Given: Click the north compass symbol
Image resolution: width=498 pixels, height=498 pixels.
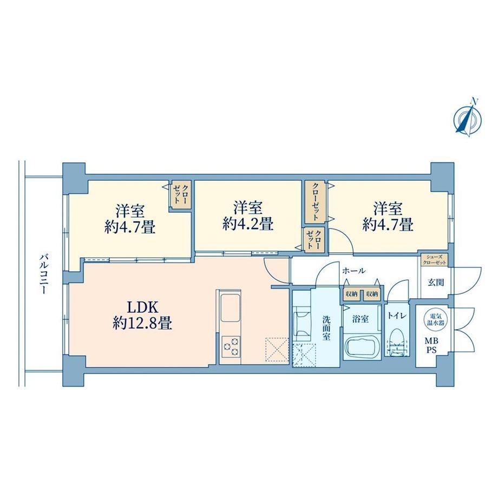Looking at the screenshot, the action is click(467, 119).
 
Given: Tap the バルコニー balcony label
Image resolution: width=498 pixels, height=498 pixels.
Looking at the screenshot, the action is click(43, 274).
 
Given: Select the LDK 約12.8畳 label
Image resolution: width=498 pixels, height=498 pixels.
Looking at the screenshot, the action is click(142, 316).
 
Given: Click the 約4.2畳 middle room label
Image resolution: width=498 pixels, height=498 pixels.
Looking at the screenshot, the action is click(248, 225).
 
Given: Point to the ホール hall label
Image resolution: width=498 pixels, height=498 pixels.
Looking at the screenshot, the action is click(353, 271).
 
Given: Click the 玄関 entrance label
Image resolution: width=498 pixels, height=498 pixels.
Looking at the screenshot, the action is click(435, 282).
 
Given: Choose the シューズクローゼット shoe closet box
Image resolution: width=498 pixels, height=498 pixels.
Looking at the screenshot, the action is click(434, 259).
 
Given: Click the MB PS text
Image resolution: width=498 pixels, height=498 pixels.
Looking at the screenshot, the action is click(431, 346).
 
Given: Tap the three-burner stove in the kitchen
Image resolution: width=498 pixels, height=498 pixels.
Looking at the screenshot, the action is click(231, 346).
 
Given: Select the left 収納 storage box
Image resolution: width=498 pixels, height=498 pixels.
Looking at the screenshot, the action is click(351, 294).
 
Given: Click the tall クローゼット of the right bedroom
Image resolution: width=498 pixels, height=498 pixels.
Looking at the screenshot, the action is click(315, 202).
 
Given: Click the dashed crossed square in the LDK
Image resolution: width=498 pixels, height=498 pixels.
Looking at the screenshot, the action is click(277, 349).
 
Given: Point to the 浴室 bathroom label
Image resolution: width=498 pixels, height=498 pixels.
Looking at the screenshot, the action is click(361, 318).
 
